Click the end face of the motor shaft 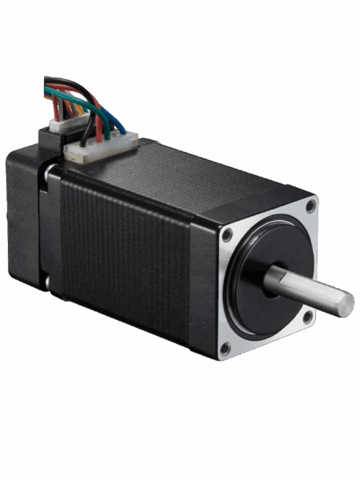tap(345, 304)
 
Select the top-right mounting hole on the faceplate tap(310, 206)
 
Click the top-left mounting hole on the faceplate tap(228, 234)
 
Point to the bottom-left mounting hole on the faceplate tap(225, 347)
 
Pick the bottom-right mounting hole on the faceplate tap(307, 317)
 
